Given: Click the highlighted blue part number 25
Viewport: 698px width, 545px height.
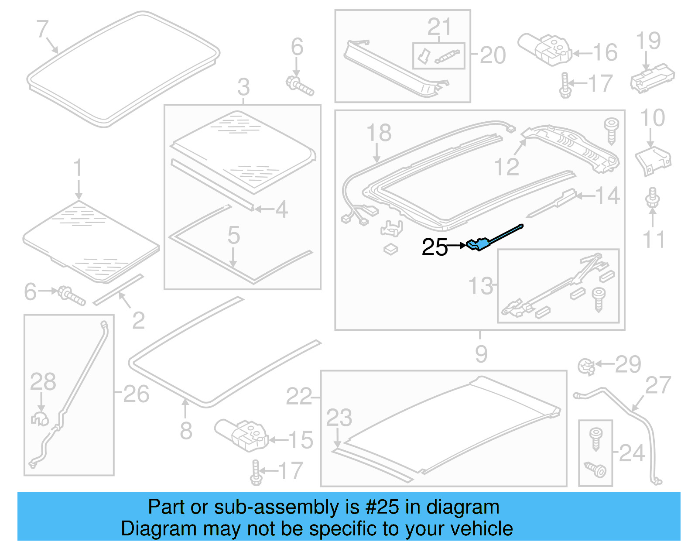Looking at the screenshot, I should pyautogui.click(x=480, y=243).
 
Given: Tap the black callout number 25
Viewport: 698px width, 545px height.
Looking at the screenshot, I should pyautogui.click(x=435, y=247).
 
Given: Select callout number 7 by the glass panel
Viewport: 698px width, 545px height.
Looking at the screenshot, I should pyautogui.click(x=42, y=29).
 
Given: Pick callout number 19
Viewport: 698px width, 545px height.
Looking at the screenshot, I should pyautogui.click(x=648, y=41).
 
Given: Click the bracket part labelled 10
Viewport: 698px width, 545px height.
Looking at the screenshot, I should pyautogui.click(x=653, y=160).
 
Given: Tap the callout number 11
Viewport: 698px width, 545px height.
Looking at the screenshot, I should pyautogui.click(x=654, y=240).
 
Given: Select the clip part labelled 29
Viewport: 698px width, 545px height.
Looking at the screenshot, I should pyautogui.click(x=586, y=366).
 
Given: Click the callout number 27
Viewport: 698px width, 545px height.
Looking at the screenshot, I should pyautogui.click(x=658, y=385).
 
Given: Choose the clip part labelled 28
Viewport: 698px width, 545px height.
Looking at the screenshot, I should pyautogui.click(x=40, y=418).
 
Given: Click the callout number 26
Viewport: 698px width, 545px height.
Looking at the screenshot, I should pyautogui.click(x=137, y=394).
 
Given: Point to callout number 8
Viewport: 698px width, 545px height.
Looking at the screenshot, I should pyautogui.click(x=186, y=431).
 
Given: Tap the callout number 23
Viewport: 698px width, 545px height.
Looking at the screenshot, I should pyautogui.click(x=339, y=418).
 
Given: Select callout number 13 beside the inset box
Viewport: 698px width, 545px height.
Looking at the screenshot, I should pyautogui.click(x=480, y=286).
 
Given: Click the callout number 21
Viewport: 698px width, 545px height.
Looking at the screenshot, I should pyautogui.click(x=439, y=27).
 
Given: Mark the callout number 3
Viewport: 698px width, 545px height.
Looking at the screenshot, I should pyautogui.click(x=243, y=87).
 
